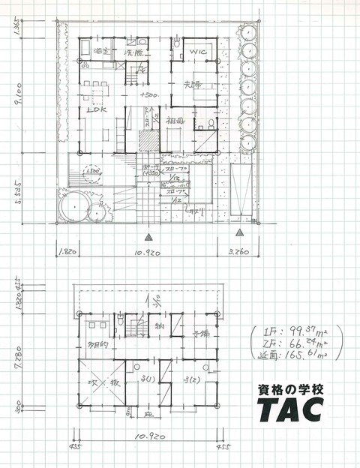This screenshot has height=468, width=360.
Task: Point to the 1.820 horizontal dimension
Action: (x=67, y=252)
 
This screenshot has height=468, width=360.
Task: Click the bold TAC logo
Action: (x=291, y=409)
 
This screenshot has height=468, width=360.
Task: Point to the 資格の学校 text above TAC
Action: (x=291, y=389)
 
